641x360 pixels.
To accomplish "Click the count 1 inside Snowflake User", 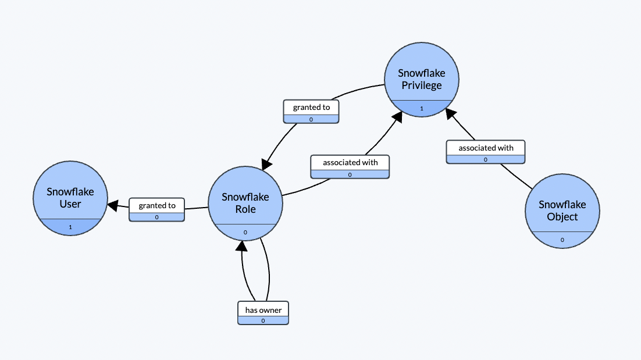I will coord(70,227).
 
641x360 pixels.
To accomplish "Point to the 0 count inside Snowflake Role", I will coord(245,232).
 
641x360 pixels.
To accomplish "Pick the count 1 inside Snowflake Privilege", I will coord(422,108).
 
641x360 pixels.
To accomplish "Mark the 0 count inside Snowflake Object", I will coord(562,240).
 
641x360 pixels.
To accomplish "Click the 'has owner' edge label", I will coord(263,309).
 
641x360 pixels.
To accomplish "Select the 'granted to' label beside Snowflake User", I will coord(157,205).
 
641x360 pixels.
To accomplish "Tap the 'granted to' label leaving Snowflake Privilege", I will coord(311,107).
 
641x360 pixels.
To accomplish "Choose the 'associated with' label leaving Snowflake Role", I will coord(350,162).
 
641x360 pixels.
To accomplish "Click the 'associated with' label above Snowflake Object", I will coord(486,148).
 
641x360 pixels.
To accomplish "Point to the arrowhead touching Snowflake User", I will coord(112,205).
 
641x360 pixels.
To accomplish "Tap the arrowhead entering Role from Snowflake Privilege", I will coord(267,164).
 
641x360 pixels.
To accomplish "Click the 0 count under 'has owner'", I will coord(263,320).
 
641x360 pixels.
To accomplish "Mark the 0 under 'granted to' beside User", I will coord(157,217).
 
